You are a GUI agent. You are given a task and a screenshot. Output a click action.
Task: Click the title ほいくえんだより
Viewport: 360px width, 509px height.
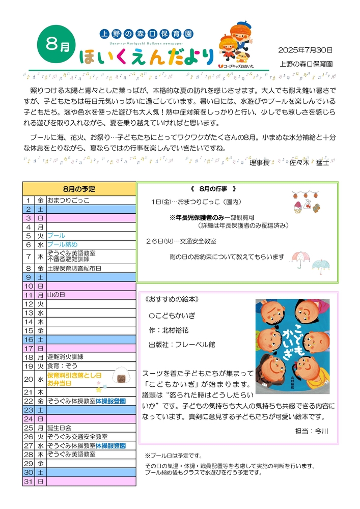coord(145,56)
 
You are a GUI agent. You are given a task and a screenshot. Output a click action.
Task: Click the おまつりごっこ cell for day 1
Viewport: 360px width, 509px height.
coord(68,201)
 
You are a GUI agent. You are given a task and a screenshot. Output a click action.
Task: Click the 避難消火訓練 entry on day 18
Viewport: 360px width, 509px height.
coord(65,357)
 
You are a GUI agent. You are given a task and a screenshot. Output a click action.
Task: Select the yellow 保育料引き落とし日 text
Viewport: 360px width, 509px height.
coord(75,375)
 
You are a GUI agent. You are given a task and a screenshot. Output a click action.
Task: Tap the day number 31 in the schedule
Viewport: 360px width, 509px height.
coord(29,481)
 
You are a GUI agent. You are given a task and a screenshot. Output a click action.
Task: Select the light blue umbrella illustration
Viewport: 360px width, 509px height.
coord(321,266)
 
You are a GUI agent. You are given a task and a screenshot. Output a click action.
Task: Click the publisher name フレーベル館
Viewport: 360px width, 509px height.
coord(195,345)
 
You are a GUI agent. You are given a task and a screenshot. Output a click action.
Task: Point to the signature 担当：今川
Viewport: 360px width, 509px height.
coord(312,431)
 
